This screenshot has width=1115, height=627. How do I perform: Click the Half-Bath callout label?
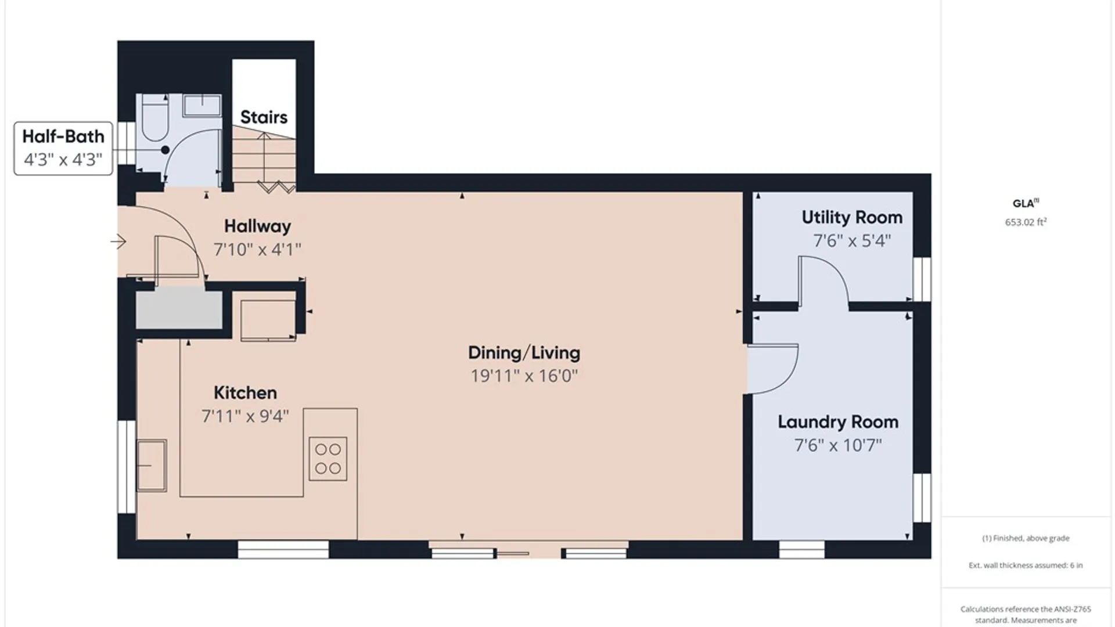point(63,148)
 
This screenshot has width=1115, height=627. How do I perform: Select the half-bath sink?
point(202,106)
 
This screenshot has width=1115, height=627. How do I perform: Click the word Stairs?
point(264,117)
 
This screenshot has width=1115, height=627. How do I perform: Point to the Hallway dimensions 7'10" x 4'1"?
point(257,250)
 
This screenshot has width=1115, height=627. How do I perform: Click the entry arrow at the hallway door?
point(118,241)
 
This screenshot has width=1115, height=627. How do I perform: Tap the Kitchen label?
point(245,393)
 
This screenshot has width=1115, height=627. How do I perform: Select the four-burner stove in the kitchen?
point(328,459)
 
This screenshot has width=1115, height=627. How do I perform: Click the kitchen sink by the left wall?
point(152,466)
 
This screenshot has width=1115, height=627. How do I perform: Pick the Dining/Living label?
point(524,353)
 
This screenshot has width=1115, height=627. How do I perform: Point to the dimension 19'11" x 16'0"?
point(524,376)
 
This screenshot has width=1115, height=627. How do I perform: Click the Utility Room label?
point(852,218)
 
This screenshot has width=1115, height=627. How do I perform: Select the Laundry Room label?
point(838,422)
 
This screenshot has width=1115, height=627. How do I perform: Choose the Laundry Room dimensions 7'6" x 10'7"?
point(838,445)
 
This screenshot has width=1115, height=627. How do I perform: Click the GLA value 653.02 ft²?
point(1026,222)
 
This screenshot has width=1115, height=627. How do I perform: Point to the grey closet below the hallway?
point(179,310)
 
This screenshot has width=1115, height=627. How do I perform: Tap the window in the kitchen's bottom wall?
point(283,549)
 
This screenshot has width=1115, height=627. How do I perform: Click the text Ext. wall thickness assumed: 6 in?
point(1026,565)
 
